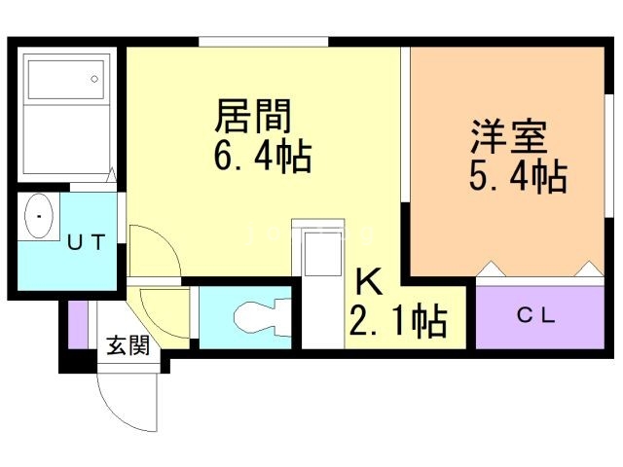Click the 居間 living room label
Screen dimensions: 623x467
(x=253, y=116)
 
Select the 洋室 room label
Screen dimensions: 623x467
(x=509, y=136)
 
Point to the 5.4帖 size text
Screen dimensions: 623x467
(x=518, y=176)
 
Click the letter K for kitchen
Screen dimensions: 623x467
(x=369, y=281)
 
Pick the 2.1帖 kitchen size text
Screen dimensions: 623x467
(x=398, y=321)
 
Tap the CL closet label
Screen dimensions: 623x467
(x=536, y=316)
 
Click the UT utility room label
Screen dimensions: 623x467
(x=87, y=242)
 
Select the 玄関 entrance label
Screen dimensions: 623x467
(x=128, y=345)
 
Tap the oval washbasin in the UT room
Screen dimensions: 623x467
(x=39, y=216)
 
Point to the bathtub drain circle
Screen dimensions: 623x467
(x=94, y=79)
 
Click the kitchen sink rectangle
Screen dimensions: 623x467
(x=322, y=254)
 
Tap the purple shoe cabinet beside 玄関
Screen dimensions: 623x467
(x=78, y=325)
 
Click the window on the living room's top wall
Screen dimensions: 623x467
(x=264, y=42)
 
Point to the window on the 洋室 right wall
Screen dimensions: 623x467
(x=609, y=156)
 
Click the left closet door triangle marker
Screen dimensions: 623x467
(x=492, y=269)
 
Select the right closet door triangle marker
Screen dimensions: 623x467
(x=590, y=269)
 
